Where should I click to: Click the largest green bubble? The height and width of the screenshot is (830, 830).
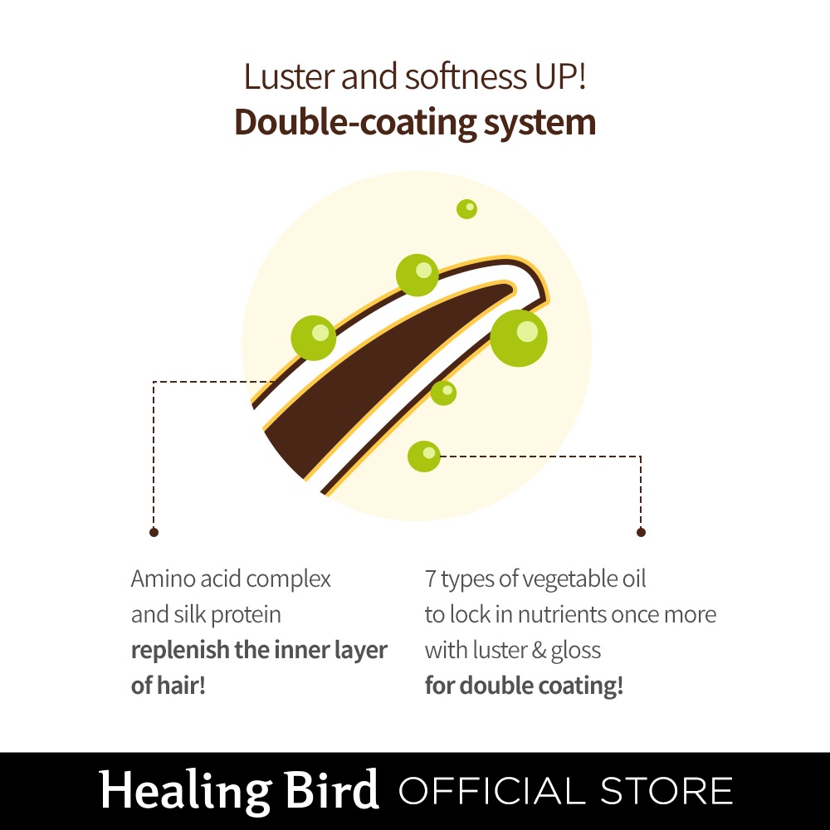pos(519,338)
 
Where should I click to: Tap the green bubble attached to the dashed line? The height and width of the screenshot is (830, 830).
pos(424,456)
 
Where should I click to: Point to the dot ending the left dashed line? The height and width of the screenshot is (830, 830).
pos(154,531)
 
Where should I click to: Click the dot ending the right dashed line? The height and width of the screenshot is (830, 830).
pos(641,531)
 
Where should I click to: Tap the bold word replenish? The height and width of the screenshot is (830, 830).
pos(179,651)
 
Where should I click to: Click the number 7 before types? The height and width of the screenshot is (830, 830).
pos(430,579)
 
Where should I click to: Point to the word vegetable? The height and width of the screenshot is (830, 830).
pos(543,579)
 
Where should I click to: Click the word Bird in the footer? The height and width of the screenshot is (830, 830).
pos(332,790)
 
